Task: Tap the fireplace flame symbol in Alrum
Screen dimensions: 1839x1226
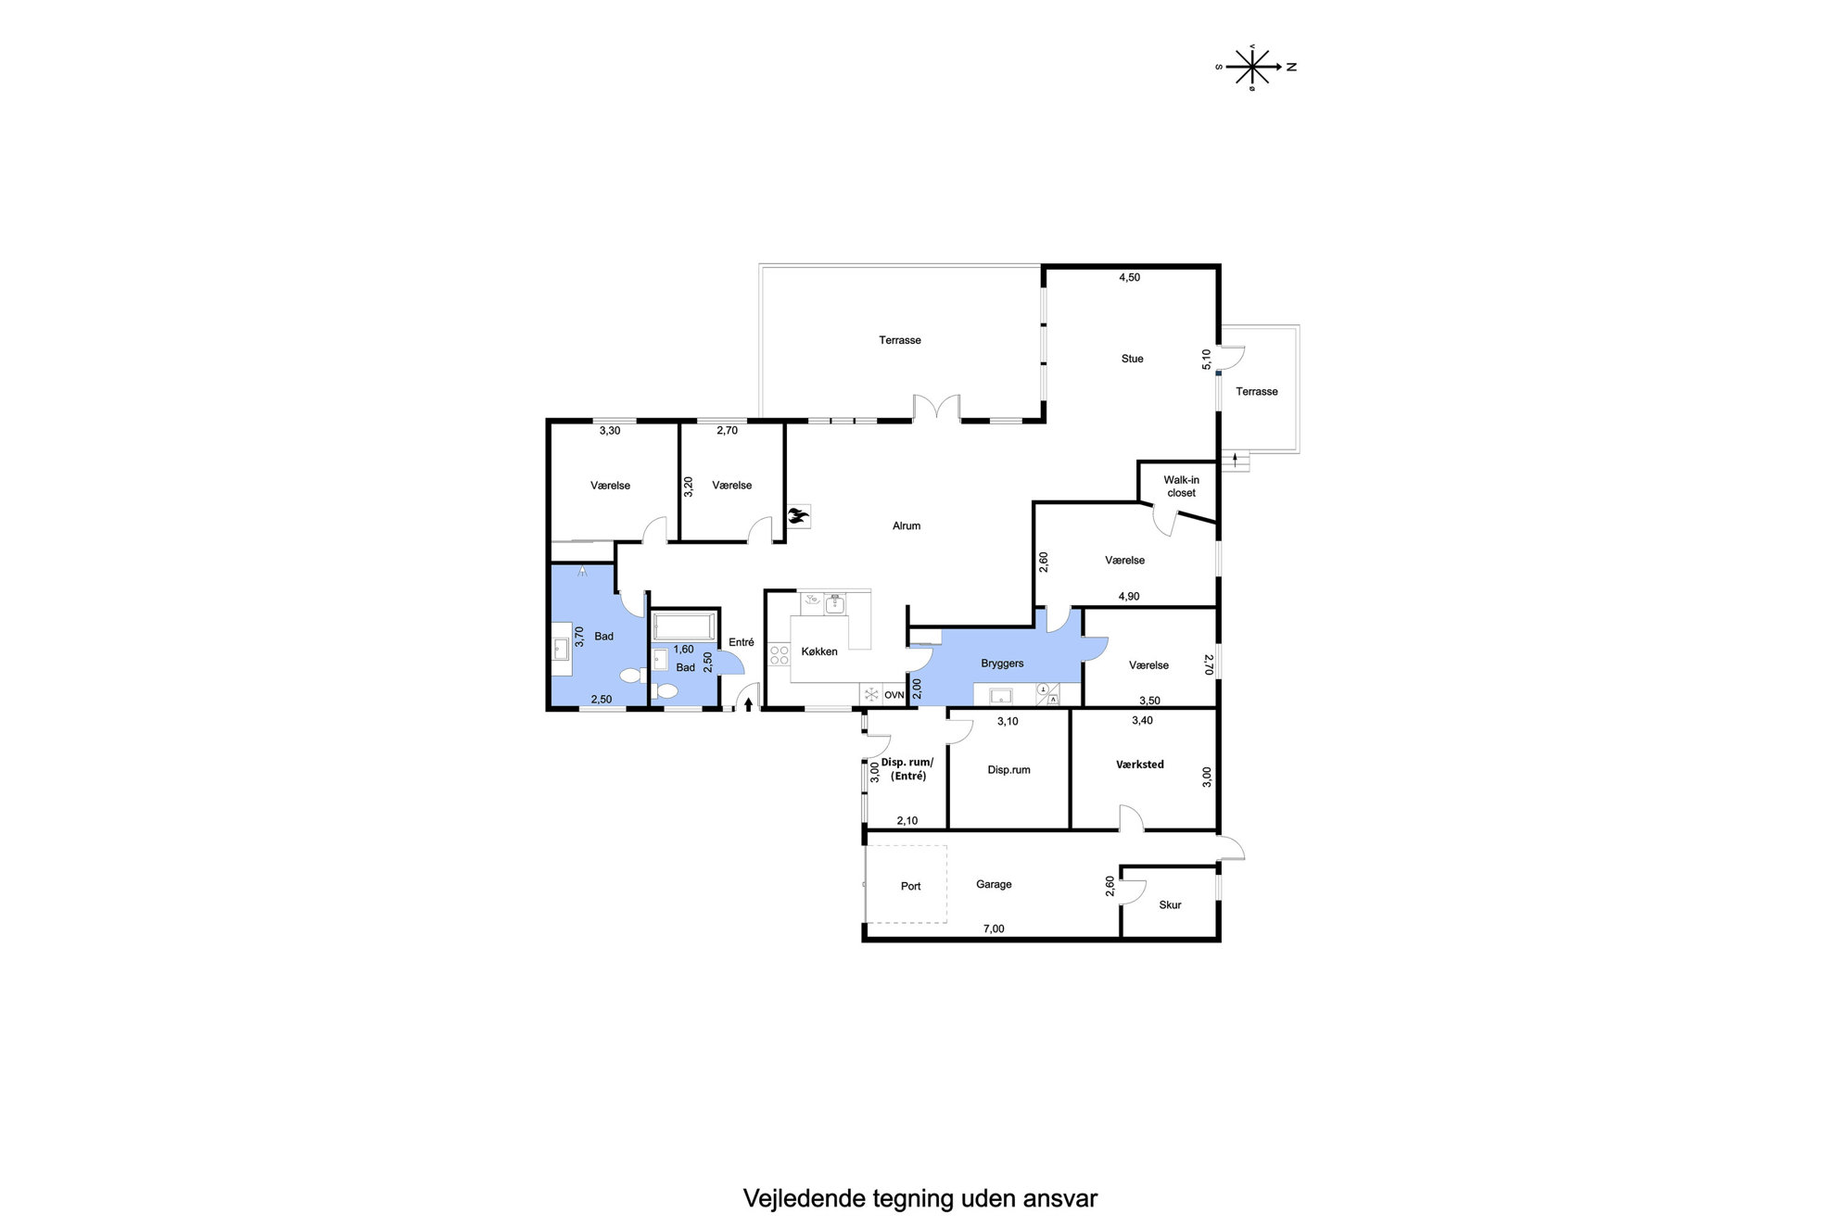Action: (798, 516)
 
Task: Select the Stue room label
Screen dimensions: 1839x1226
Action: (1132, 359)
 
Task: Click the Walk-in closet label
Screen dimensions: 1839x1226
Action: (1181, 487)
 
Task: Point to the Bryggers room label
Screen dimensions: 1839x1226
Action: (1002, 664)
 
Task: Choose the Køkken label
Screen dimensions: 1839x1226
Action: (819, 651)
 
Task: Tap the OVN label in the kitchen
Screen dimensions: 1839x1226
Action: (894, 695)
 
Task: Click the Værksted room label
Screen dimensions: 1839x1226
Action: (1139, 765)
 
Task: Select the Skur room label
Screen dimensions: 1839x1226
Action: (1170, 905)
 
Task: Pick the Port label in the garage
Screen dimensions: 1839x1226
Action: (910, 886)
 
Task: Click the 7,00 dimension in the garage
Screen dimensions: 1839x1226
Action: (993, 929)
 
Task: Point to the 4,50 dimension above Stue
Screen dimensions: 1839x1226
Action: (1129, 277)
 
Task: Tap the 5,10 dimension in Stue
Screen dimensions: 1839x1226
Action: (1206, 360)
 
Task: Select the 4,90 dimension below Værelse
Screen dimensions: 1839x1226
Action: (1128, 596)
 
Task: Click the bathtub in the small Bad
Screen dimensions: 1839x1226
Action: (684, 626)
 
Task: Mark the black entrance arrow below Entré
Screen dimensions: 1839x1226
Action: (748, 703)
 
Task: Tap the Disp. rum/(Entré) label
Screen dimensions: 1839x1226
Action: (907, 769)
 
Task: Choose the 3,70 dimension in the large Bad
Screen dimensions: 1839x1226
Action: (579, 637)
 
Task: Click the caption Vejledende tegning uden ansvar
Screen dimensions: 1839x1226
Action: (919, 1198)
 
